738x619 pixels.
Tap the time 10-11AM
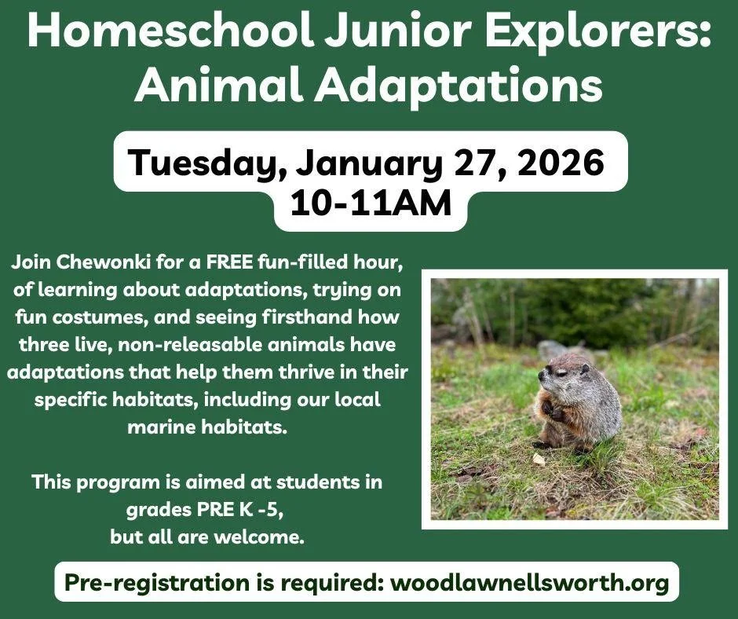tap(371, 203)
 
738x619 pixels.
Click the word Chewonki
tap(104, 260)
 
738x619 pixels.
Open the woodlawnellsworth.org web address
tap(530, 582)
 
